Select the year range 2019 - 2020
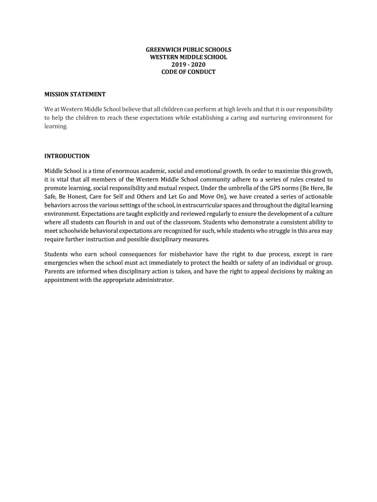coord(188,65)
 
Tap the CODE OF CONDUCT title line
coord(188,72)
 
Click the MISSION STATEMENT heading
coord(75,94)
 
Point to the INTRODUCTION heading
coord(67,156)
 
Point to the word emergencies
coord(62,263)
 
